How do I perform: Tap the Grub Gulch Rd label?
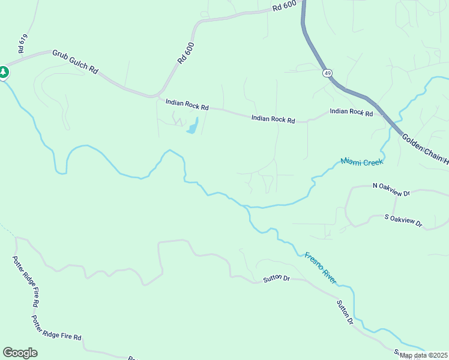tap(75, 62)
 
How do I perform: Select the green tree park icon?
tap(4, 73)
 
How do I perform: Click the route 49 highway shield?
tap(327, 73)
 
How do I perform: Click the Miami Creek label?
tap(361, 161)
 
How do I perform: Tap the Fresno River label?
tap(321, 268)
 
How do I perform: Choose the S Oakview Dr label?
tap(403, 220)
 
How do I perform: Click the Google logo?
tap(20, 353)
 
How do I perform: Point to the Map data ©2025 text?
tap(424, 356)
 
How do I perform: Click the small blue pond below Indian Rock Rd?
tap(192, 127)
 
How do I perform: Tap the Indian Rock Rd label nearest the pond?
tap(187, 105)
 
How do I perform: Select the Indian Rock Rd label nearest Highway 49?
tap(351, 112)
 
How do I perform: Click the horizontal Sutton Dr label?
tap(276, 280)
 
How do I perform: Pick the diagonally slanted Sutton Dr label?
tap(344, 312)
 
